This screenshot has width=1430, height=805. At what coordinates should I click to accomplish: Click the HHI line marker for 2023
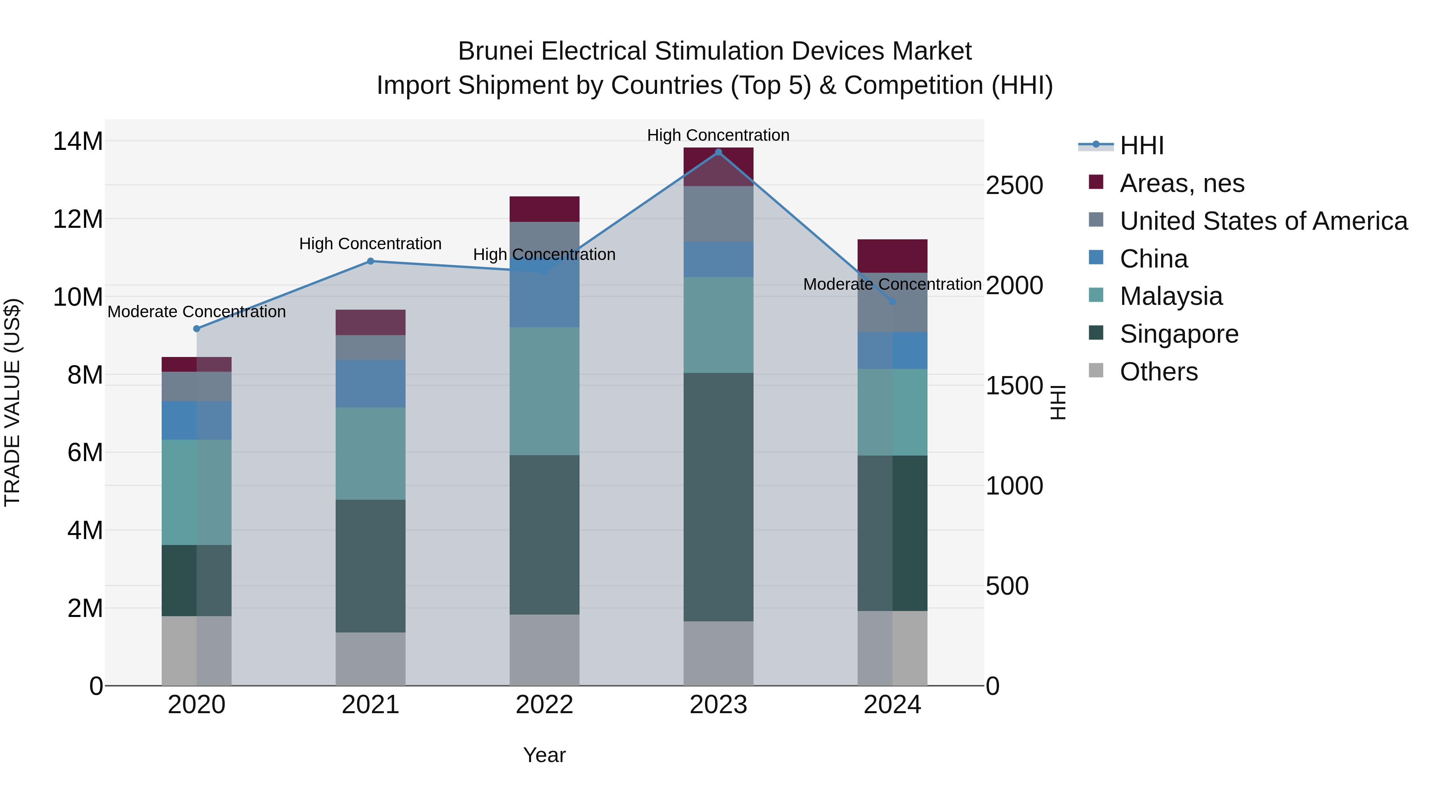718,152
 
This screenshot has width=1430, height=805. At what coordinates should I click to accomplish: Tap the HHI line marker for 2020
197,329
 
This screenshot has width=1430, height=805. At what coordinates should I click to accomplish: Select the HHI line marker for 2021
370,261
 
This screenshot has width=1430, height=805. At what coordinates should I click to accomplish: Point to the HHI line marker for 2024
893,302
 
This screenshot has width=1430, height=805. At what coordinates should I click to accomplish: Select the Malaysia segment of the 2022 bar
544,391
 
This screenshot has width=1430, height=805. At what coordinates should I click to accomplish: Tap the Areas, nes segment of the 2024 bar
893,256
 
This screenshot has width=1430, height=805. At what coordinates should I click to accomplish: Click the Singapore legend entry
1179,334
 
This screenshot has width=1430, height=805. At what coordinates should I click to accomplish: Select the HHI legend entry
1141,145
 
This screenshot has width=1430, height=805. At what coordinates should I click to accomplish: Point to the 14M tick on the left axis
78,141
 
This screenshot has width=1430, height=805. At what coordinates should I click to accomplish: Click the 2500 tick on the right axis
1014,186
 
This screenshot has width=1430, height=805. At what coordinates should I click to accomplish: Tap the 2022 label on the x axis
544,705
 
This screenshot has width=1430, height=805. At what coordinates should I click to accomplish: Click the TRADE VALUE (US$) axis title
12,402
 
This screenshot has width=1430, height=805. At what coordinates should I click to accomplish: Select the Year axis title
544,755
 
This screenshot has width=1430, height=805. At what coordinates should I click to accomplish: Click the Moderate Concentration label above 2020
197,312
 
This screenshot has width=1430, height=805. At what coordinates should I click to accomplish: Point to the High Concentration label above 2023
718,135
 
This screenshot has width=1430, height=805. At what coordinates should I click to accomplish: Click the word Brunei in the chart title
495,51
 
